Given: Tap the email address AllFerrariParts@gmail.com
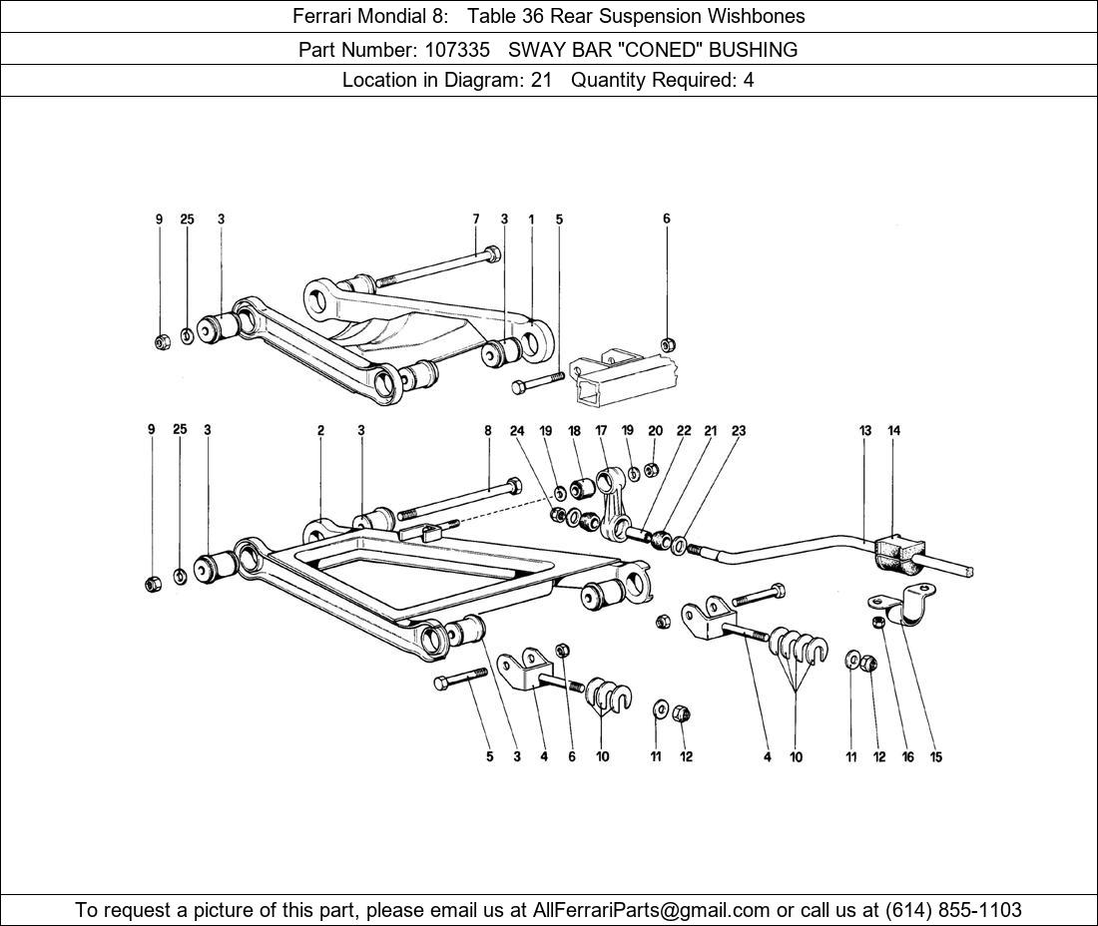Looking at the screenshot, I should point(652,910).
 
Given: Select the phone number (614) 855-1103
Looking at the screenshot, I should point(953,910).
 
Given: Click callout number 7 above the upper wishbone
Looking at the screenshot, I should point(476,220).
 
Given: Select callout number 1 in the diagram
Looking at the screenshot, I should point(531,220).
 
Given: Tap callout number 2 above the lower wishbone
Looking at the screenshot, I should point(321,431).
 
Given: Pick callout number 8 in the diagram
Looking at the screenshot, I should point(488,431).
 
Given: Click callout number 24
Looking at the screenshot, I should point(517,431).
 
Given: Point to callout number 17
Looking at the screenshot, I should point(602,431).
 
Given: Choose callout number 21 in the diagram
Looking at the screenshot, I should point(710,431).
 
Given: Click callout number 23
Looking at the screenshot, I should point(739,431).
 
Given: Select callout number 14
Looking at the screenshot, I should point(894,431).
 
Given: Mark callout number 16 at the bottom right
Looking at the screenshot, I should point(907,757).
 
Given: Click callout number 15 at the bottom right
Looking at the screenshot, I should point(936,757).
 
